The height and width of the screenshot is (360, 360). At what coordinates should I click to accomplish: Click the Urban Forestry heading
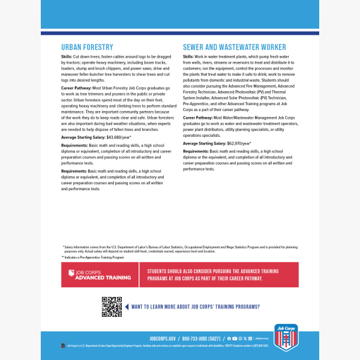click(88, 47)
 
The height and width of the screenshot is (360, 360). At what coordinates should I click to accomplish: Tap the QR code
click(112, 307)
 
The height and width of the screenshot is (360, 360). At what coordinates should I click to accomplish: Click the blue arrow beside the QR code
click(126, 307)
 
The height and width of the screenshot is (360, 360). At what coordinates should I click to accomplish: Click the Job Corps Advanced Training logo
click(100, 275)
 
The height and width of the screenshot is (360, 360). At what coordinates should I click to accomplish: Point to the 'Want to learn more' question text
click(195, 307)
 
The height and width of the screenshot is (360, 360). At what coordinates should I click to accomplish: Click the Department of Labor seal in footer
click(63, 346)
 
